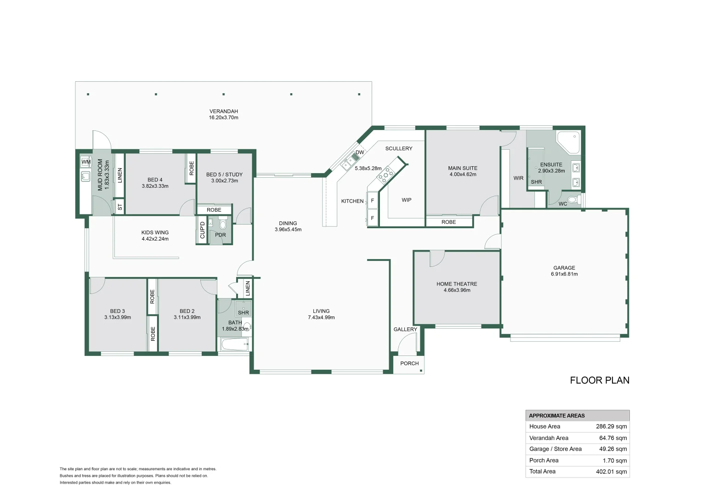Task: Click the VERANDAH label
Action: pos(224,111)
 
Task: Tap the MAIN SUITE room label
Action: pos(463,168)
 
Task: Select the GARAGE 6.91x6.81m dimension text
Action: pos(564,274)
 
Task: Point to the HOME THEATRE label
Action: pos(457,284)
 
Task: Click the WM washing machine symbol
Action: pos(86,162)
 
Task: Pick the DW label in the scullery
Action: pos(360,152)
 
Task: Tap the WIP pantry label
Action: pos(407,200)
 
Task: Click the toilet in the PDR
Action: pos(223,224)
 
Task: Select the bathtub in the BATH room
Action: pos(234,344)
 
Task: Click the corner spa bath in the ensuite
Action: pos(568,141)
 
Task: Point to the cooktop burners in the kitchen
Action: pos(386,174)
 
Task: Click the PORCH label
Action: pos(409,363)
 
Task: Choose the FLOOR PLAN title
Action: pos(600,380)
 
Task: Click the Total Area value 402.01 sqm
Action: pos(611,472)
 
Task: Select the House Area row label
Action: pos(544,427)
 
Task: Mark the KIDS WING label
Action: pos(155,232)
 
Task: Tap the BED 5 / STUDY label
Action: pos(224,175)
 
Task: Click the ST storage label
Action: pos(120,208)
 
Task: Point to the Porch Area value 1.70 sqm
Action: pos(615,461)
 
